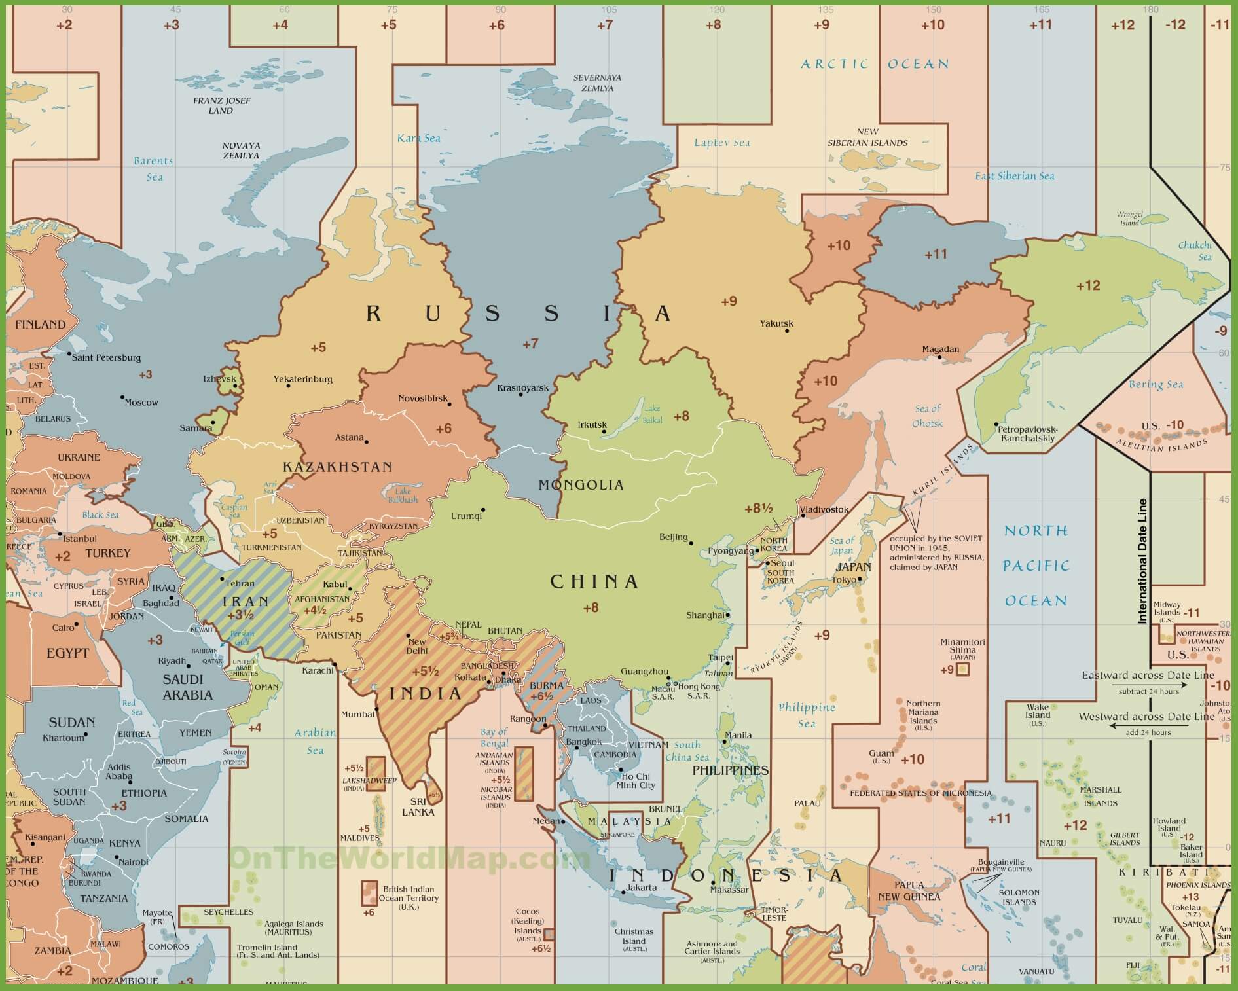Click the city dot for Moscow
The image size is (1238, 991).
[x=122, y=397]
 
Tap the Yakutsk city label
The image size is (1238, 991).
[x=776, y=323]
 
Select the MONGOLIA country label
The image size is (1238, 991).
[x=581, y=485]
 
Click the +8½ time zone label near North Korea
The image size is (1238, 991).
[x=759, y=509]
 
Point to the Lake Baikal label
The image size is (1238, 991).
[x=652, y=414]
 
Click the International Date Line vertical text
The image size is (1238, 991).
[x=1143, y=561]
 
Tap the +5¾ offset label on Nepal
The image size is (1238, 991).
[x=448, y=636]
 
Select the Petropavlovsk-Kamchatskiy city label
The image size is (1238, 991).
[x=1027, y=434]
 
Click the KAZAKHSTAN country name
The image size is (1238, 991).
[x=337, y=467]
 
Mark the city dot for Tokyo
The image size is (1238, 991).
[x=860, y=579]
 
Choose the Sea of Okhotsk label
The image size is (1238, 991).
[x=927, y=416]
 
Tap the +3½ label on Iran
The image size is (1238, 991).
[x=240, y=615]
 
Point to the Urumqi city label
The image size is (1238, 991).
[x=466, y=516]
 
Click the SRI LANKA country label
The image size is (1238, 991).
[x=418, y=806]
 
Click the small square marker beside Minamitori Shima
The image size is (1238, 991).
[x=962, y=669]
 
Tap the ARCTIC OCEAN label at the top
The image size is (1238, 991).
[x=875, y=64]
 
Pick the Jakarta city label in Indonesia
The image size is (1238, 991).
[x=641, y=888]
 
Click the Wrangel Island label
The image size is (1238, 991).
[x=1129, y=219]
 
